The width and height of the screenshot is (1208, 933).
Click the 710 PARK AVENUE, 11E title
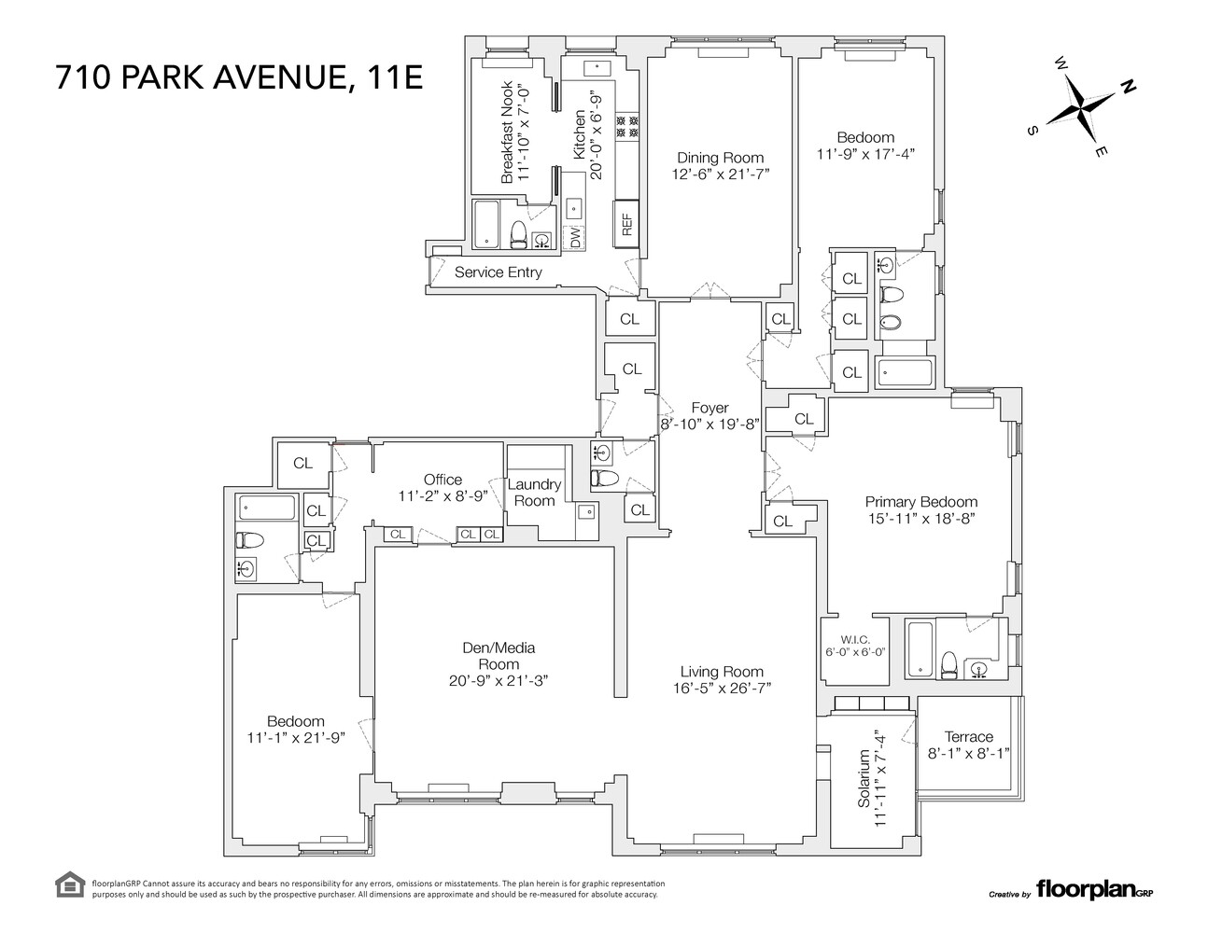(x=239, y=77)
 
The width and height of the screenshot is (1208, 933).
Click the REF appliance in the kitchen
(x=626, y=225)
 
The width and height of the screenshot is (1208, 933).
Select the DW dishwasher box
(x=575, y=238)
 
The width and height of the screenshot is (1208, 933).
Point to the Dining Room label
(x=720, y=158)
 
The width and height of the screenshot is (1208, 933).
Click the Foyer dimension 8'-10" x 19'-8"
(x=710, y=423)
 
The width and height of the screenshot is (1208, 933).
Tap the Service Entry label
(x=498, y=272)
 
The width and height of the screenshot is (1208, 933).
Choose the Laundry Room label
(x=534, y=492)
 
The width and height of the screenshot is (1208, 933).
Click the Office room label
(x=442, y=480)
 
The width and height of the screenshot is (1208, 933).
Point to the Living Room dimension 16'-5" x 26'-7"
(x=722, y=689)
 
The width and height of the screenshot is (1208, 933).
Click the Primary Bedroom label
(x=920, y=501)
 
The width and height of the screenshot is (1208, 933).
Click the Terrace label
(x=968, y=736)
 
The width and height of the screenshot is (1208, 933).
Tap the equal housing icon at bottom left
(x=70, y=884)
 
